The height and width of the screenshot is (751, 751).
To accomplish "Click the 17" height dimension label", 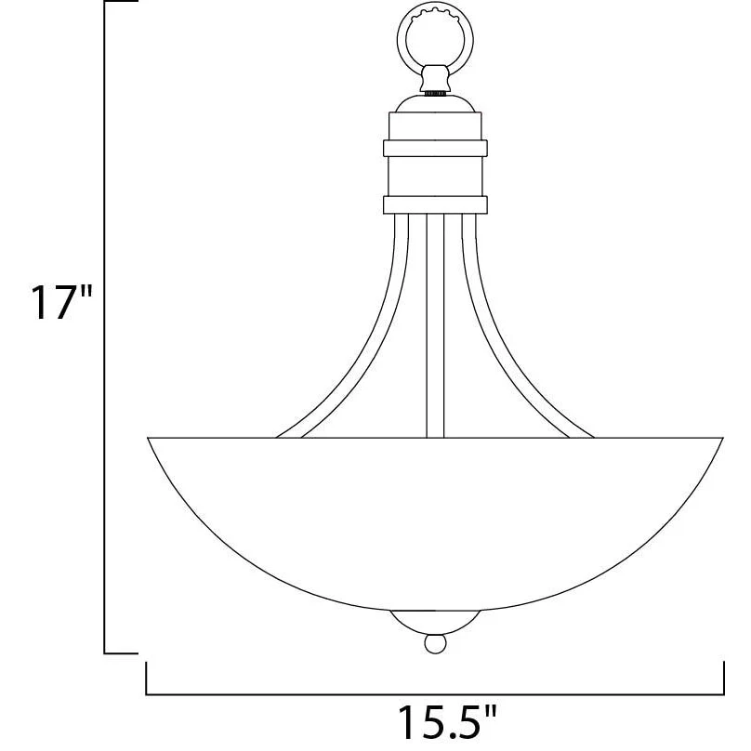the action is pyautogui.click(x=60, y=302).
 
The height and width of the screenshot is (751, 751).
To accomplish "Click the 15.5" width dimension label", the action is pyautogui.click(x=446, y=722).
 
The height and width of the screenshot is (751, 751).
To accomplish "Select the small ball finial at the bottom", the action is pyautogui.click(x=435, y=643).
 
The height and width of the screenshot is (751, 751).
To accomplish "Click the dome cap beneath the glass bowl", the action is pyautogui.click(x=435, y=621).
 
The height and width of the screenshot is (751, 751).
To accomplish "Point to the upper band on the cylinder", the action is pyautogui.click(x=435, y=148).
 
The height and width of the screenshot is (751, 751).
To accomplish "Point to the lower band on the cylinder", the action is pyautogui.click(x=435, y=204).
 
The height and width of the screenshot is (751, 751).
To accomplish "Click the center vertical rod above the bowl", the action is pyautogui.click(x=435, y=325).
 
